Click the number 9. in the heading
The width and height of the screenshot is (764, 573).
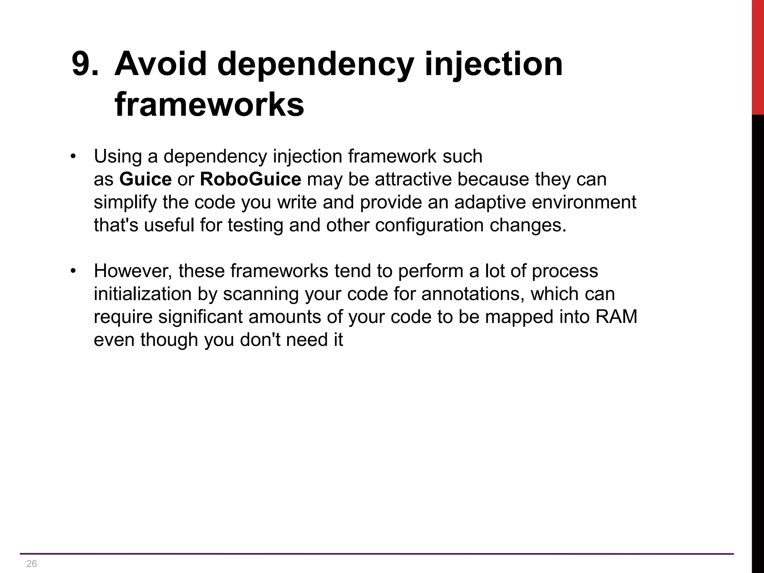[x=85, y=64]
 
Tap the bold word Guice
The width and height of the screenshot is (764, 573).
[x=145, y=179]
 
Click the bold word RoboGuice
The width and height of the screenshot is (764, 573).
[x=250, y=179]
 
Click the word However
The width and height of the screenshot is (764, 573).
[x=133, y=271]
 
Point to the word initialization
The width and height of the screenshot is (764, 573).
[x=142, y=294]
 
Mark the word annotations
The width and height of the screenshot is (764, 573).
[x=473, y=294]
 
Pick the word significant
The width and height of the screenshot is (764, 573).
[x=200, y=317]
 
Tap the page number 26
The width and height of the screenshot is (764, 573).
[x=32, y=564]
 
